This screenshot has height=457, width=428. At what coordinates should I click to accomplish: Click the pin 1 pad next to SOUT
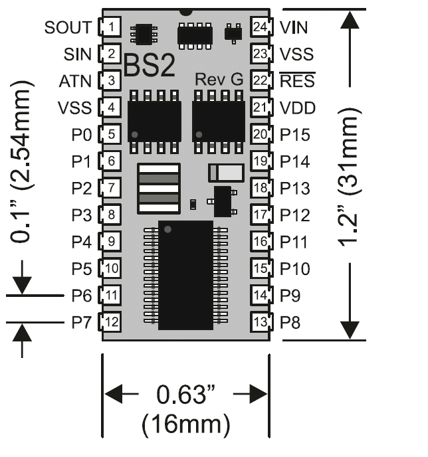111,27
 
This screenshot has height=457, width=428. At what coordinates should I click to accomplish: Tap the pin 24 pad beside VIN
261,27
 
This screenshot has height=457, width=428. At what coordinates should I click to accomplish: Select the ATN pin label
75,81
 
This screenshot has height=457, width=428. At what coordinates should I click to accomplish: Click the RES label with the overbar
297,80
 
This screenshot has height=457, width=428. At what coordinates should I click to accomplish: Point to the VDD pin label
298,108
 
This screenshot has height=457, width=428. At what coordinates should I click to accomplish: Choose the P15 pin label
295,135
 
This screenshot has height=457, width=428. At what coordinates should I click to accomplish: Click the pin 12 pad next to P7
111,322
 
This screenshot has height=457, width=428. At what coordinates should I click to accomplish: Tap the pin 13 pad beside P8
261,322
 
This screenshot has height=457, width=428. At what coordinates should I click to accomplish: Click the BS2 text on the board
150,66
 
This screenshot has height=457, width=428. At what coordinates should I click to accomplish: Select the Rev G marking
219,79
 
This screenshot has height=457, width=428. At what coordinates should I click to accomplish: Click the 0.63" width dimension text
186,394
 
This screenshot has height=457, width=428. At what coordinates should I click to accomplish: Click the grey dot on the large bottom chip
167,229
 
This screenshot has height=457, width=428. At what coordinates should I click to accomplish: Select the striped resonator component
159,189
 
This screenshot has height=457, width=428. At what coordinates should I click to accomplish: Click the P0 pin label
82,135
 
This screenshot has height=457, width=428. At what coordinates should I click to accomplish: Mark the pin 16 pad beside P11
261,242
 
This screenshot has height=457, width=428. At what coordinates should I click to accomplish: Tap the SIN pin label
78,54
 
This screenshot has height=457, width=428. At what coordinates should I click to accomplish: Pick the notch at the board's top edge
186,12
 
